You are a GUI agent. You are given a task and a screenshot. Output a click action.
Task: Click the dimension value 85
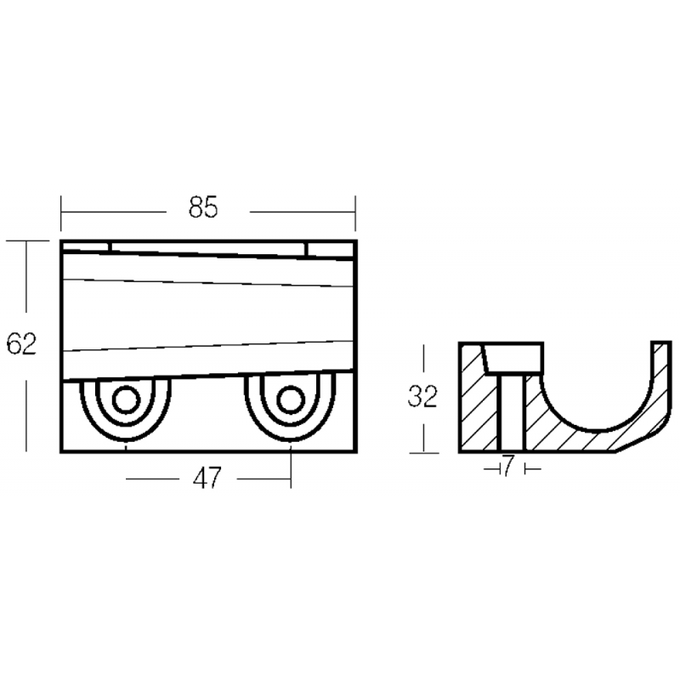coord(203,207)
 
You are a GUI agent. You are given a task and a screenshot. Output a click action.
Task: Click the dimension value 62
coord(21,345)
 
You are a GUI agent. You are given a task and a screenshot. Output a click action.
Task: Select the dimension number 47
coord(207,479)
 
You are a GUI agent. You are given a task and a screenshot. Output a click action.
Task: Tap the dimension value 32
coord(422,397)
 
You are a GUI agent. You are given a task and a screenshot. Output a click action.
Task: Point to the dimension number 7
coord(508,467)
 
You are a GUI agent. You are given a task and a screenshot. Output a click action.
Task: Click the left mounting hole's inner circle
coord(126,399)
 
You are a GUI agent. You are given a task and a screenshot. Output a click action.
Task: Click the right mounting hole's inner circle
coord(290,399)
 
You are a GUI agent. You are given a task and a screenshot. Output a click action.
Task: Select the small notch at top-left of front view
coord(85,247)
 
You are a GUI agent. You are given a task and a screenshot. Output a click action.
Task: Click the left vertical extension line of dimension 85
coord(61,212)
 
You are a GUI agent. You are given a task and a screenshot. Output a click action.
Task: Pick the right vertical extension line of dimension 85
coord(355,212)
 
